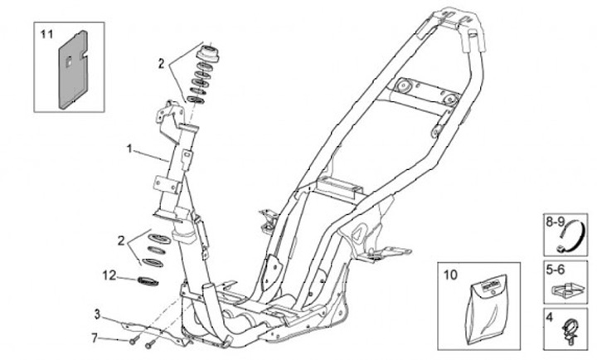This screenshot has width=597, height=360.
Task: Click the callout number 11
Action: (46, 35)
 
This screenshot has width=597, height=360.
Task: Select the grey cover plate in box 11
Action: (75, 70)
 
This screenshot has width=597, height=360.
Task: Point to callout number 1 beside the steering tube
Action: (129, 148)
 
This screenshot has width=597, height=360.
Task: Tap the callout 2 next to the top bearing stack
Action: (163, 61)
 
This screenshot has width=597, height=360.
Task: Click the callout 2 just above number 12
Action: (121, 241)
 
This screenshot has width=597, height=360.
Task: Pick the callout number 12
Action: (110, 273)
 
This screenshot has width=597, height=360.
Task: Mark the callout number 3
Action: (96, 314)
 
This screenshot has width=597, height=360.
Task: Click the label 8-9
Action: (554, 222)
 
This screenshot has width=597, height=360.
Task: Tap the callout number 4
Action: (548, 316)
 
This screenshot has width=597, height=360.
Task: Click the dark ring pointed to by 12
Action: (148, 279)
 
